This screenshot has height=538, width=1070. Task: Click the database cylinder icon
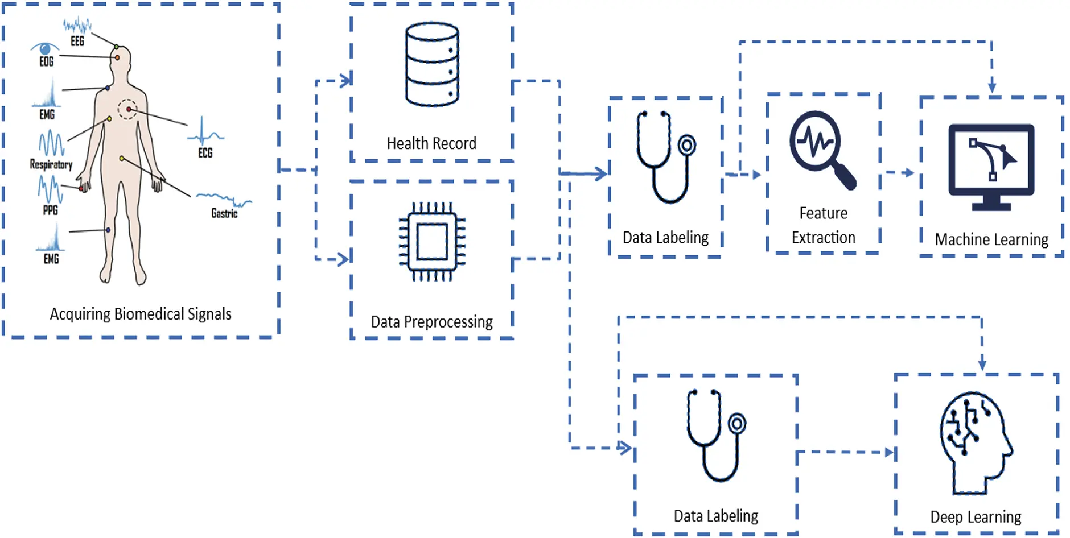[x=432, y=64]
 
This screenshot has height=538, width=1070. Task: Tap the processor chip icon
[x=432, y=242]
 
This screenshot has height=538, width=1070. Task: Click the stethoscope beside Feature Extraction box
[x=665, y=157]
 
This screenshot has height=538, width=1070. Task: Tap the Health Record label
[x=431, y=143]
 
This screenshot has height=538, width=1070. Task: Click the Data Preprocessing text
[x=431, y=322]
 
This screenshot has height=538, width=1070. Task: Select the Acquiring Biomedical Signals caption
[x=141, y=314]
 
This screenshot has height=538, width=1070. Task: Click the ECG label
[x=205, y=153]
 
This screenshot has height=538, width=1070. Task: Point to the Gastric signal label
[x=224, y=213]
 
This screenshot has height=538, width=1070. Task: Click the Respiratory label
[x=51, y=164]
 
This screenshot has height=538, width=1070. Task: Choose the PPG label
[x=51, y=210]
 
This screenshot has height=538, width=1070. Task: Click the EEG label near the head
[x=77, y=41]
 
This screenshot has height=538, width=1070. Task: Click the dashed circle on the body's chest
[x=127, y=109]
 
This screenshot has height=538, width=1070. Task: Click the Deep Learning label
[x=976, y=517]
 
